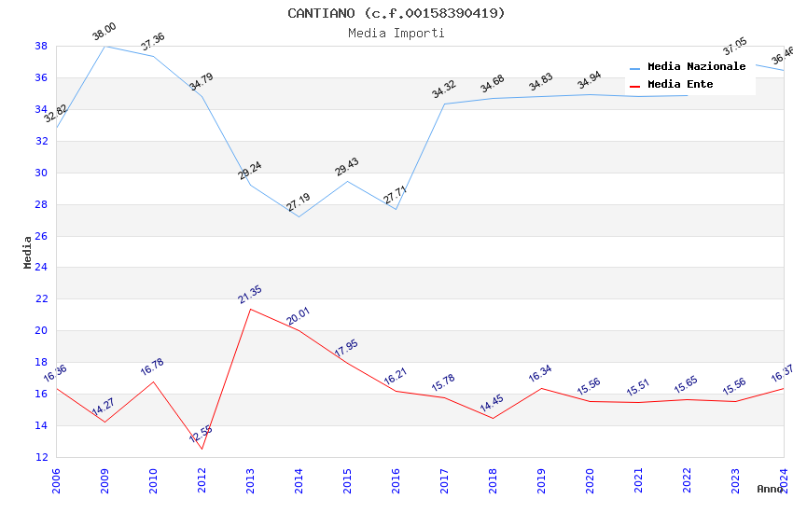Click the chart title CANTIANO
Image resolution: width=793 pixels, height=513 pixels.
pos(396,13)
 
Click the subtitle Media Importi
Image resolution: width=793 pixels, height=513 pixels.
pos(396,33)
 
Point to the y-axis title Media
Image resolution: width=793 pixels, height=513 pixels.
pos(28,252)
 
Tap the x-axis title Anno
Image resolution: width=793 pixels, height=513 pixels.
pos(770,489)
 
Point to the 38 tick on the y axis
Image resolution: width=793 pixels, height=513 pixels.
pos(42,46)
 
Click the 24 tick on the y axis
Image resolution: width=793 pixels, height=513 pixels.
pos(42,268)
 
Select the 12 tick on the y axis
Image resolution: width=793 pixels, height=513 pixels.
pos(42,457)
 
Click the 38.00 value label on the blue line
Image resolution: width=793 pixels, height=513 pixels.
pos(104,33)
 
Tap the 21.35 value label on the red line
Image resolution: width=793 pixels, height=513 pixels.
pos(250,295)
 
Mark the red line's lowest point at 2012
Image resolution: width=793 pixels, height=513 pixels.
pos(202,449)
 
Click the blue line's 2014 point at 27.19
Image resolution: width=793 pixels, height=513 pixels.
pos(299,216)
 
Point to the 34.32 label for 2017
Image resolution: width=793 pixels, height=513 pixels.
pos(444,90)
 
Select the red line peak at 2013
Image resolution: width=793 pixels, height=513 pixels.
pos(250,309)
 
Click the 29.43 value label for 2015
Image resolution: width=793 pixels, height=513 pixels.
pos(347,167)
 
